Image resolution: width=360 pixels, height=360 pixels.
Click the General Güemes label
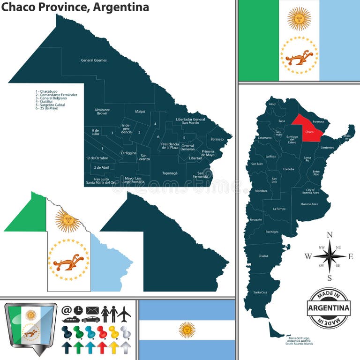point(94,60)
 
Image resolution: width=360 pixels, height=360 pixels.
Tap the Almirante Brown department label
point(102,112)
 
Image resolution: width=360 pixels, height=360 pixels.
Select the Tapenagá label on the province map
point(170,173)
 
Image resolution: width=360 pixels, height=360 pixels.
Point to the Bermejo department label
point(217,139)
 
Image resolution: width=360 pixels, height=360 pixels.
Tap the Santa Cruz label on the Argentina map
point(260,292)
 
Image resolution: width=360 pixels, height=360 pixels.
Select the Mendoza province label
point(261,191)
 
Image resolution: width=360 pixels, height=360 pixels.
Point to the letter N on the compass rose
point(330,235)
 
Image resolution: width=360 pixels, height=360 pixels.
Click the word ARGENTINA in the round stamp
point(329,308)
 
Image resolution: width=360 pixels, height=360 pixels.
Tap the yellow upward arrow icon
point(113,347)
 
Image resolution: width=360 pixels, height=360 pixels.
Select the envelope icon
point(92,310)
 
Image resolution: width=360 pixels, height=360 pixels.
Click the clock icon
point(78,310)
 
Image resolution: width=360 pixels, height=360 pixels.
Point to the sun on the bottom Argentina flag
point(187,330)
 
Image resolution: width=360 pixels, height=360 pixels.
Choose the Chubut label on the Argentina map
point(263,256)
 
